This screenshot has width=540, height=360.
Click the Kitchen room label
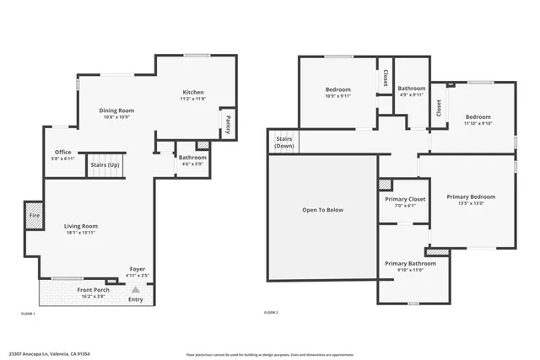click(193, 92)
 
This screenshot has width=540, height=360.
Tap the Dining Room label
click(117, 110)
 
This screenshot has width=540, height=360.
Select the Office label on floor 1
click(63, 152)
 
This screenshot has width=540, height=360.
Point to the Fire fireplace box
click(33, 215)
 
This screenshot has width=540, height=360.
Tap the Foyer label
click(137, 269)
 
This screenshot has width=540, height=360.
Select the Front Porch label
click(95, 290)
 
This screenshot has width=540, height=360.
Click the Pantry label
click(228, 125)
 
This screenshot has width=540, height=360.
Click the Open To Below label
click(323, 209)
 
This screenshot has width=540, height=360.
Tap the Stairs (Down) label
click(284, 142)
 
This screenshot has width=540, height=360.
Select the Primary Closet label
click(405, 199)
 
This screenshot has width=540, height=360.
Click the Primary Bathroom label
click(410, 263)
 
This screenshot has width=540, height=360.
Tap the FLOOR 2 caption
click(271, 313)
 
